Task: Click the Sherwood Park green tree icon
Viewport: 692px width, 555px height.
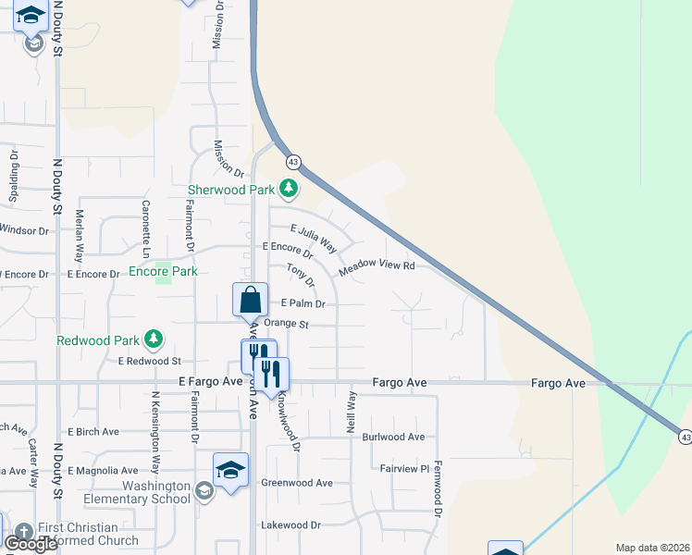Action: click(x=290, y=189)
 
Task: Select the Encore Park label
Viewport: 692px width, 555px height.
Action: click(x=163, y=271)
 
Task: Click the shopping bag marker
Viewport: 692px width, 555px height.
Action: click(x=250, y=301)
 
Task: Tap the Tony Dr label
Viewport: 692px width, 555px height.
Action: click(x=301, y=275)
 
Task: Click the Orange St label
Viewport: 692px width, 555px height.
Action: click(x=286, y=324)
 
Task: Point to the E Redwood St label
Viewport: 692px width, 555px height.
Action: click(x=149, y=361)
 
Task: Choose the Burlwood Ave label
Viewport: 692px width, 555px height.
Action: click(x=393, y=437)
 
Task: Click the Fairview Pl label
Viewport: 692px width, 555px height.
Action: click(x=405, y=469)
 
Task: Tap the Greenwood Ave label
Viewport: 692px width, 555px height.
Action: click(x=296, y=483)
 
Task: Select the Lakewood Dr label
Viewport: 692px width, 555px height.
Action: click(x=290, y=524)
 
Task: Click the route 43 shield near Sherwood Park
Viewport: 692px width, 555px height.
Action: click(x=293, y=162)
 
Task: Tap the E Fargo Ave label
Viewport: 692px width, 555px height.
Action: click(x=196, y=381)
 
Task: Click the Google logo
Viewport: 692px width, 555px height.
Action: click(x=31, y=544)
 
